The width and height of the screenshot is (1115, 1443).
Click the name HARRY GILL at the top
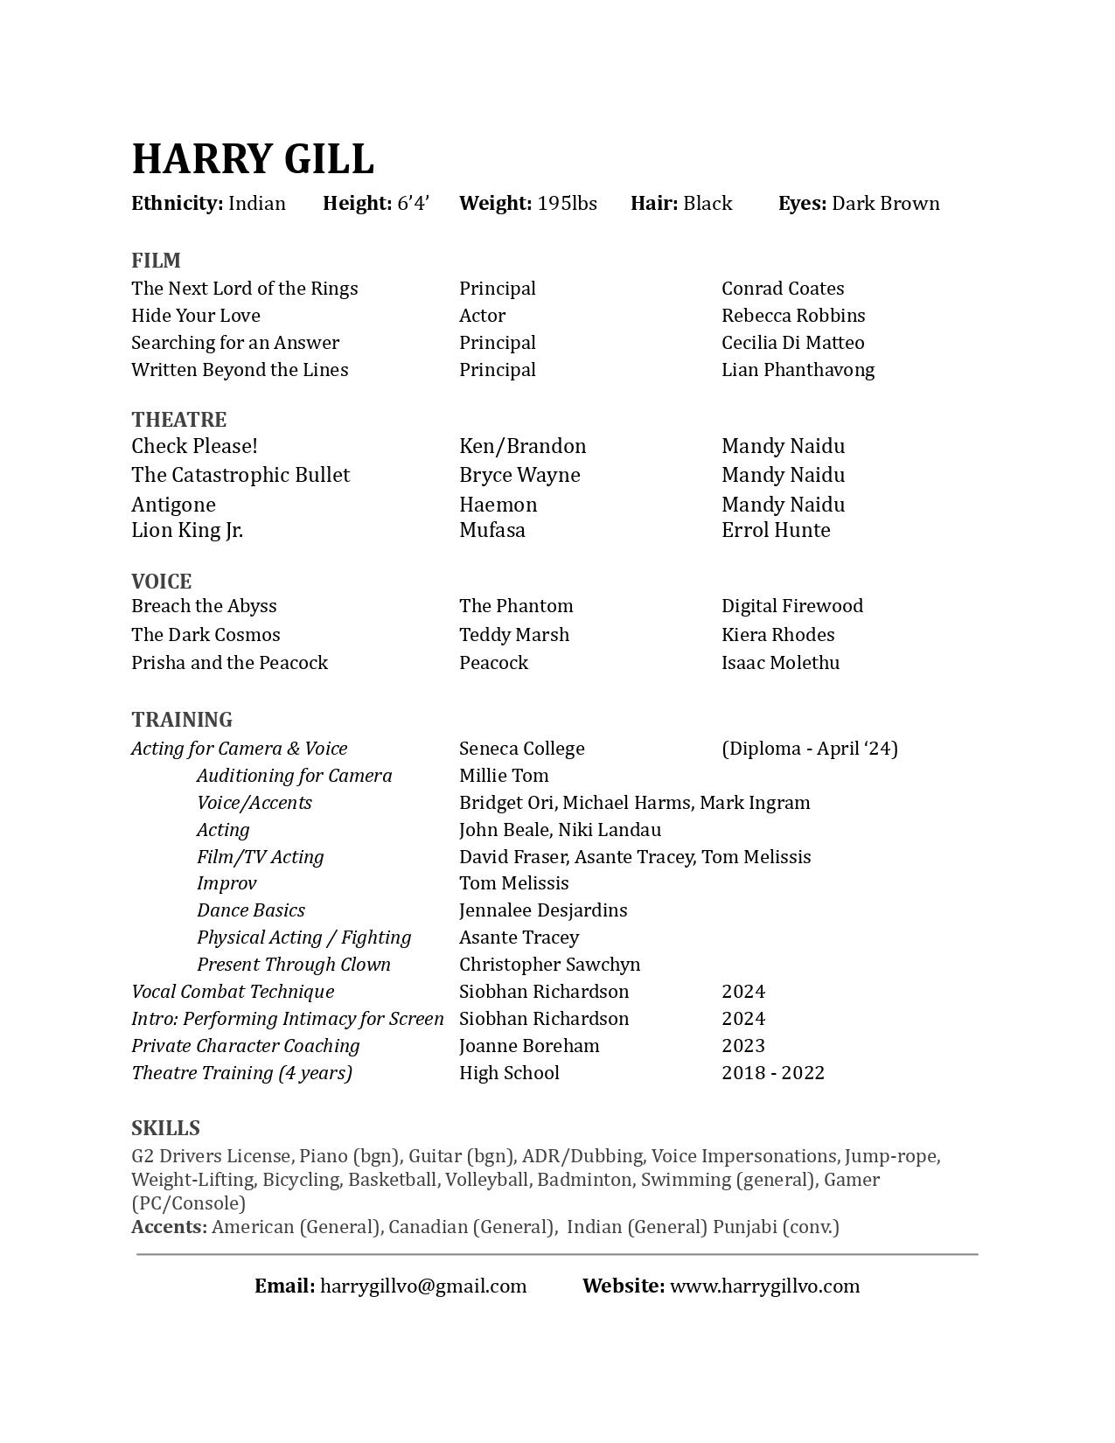click(253, 159)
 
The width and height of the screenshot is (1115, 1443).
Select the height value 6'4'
click(413, 204)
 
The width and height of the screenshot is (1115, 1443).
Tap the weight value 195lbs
click(567, 204)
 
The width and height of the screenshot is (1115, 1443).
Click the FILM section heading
click(156, 261)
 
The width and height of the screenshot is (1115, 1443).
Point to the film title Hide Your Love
click(196, 316)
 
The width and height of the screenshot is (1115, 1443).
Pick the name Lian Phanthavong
click(798, 370)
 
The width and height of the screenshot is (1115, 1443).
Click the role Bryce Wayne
click(519, 475)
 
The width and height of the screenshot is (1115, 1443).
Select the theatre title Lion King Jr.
click(187, 530)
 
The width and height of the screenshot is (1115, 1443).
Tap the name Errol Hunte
click(776, 530)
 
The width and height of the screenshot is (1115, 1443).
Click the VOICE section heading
click(161, 582)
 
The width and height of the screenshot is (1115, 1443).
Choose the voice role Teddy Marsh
click(514, 635)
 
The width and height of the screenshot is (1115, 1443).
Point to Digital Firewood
click(792, 606)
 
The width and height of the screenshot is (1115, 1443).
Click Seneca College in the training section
click(522, 749)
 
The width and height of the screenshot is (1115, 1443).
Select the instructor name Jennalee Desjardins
click(543, 910)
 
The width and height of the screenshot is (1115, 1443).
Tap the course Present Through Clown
click(294, 965)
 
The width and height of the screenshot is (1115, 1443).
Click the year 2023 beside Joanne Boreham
click(743, 1046)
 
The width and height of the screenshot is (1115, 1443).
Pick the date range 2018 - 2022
click(773, 1073)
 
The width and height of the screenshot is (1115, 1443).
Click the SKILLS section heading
click(165, 1128)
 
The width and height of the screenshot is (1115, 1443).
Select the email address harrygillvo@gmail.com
click(423, 1286)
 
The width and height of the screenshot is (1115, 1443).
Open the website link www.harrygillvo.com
click(764, 1286)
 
